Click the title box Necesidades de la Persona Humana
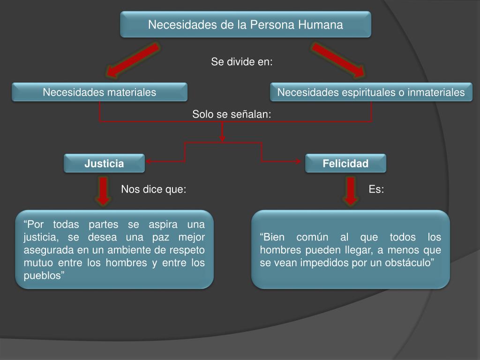click(x=246, y=24)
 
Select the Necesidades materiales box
click(x=99, y=92)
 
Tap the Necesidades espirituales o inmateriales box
click(x=371, y=92)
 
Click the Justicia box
click(x=104, y=164)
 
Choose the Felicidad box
click(x=345, y=164)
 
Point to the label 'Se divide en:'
click(x=241, y=62)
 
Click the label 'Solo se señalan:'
click(x=232, y=114)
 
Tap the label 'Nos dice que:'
click(x=154, y=189)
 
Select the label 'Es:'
click(x=376, y=189)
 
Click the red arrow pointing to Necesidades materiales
click(x=132, y=60)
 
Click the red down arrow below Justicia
click(x=104, y=191)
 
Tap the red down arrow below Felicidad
click(x=350, y=191)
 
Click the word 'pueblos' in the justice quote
click(x=43, y=275)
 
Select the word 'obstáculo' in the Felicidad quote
click(x=409, y=262)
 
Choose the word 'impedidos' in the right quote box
click(x=321, y=262)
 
